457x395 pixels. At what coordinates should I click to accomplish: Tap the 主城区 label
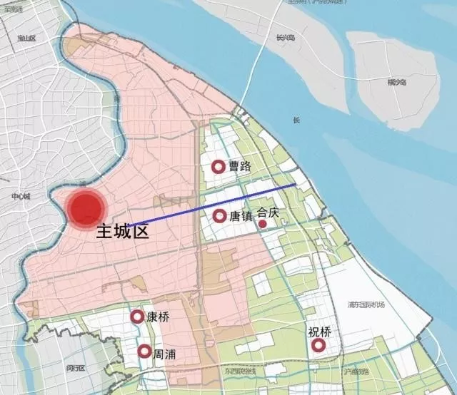(122, 231)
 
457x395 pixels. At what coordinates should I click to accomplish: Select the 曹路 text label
(240, 167)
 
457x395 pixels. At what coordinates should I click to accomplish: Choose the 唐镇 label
(241, 216)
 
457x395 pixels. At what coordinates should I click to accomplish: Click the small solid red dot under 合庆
(263, 225)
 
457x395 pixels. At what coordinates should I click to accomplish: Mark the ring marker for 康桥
(136, 317)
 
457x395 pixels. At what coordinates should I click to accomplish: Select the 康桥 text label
(158, 317)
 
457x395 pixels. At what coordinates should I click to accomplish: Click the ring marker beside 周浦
(144, 352)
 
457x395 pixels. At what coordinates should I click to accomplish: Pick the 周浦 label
(164, 353)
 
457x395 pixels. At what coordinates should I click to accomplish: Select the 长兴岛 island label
(285, 38)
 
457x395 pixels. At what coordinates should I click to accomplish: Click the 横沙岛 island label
(398, 82)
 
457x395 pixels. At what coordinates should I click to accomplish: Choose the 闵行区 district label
(75, 368)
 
